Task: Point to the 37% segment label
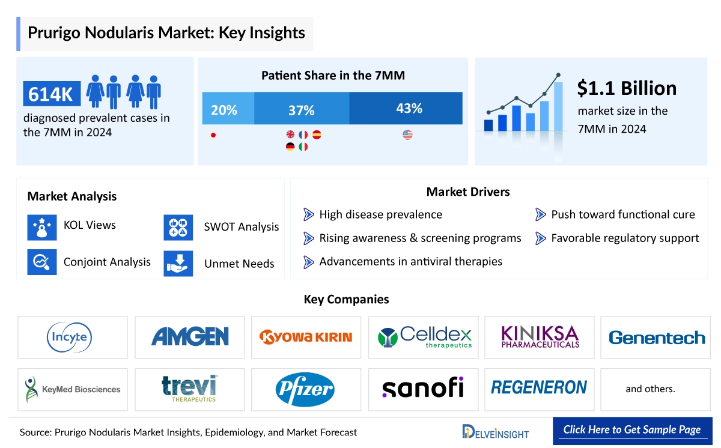click(x=301, y=110)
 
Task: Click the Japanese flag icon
click(x=213, y=135)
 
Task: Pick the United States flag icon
click(x=407, y=135)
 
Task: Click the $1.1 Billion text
click(x=627, y=88)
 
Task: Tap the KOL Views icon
click(x=42, y=226)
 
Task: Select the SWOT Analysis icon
click(x=178, y=228)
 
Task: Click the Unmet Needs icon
click(x=178, y=263)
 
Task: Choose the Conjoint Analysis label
click(x=107, y=262)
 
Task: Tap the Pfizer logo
click(x=305, y=389)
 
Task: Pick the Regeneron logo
click(x=539, y=388)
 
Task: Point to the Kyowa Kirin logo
click(x=306, y=337)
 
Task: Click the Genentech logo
click(x=657, y=338)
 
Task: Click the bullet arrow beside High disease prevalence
click(x=309, y=214)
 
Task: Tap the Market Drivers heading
click(x=468, y=192)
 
